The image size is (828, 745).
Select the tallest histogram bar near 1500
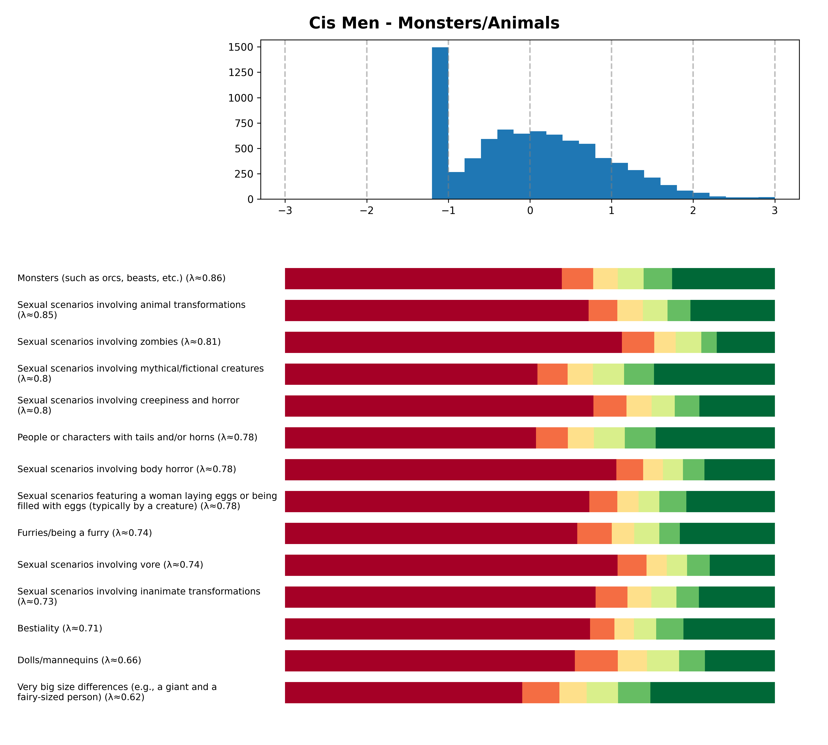[440, 123]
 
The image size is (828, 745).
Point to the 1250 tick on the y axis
[241, 72]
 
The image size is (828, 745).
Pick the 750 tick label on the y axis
[244, 123]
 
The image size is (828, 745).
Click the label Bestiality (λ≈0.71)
[60, 628]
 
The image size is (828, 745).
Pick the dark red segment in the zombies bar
[453, 342]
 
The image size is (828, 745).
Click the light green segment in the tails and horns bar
[609, 438]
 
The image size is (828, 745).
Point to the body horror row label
[126, 469]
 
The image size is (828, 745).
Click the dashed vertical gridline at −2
[367, 123]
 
